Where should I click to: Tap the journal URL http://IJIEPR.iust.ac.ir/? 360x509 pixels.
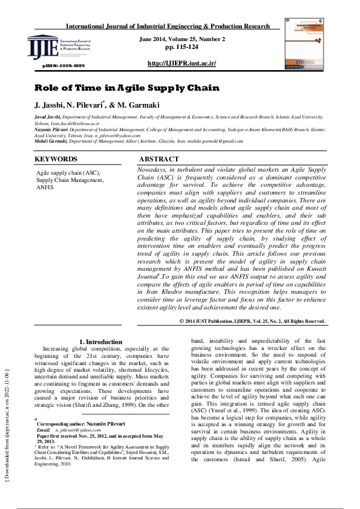point(182,63)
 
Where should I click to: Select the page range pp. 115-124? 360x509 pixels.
point(181,47)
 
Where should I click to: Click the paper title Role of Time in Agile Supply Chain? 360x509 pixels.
point(126,88)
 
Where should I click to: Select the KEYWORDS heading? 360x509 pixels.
point(56,159)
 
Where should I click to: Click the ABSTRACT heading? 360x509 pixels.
point(159,159)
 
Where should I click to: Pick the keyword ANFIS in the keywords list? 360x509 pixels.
point(45,187)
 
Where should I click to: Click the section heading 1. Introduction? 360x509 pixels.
point(101,342)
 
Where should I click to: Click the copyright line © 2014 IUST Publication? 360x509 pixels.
point(252,321)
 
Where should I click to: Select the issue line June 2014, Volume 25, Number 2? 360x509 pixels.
point(182,39)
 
